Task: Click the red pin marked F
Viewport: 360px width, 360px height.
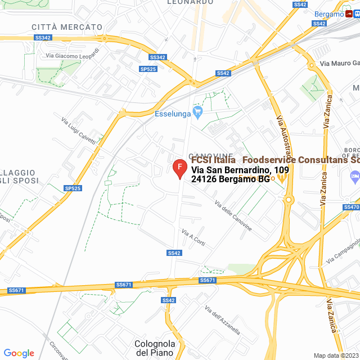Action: coord(179,168)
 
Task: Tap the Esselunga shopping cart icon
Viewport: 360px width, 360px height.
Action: coord(197,112)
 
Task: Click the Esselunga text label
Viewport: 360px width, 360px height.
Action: coord(172,112)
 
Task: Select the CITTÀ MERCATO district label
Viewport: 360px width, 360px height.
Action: coord(67,27)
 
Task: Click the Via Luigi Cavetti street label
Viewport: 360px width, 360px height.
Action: coord(78,130)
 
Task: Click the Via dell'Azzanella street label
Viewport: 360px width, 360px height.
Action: coord(223,322)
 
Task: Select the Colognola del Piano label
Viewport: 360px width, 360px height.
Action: coord(155,348)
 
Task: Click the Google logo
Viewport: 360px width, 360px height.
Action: coord(19,353)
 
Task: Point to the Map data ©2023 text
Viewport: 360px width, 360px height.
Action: coord(335,355)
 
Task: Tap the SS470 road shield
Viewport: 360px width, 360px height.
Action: coord(350,207)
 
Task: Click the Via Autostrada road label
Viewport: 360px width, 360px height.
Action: coord(285,138)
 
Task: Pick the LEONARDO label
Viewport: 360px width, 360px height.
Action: coord(190,2)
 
